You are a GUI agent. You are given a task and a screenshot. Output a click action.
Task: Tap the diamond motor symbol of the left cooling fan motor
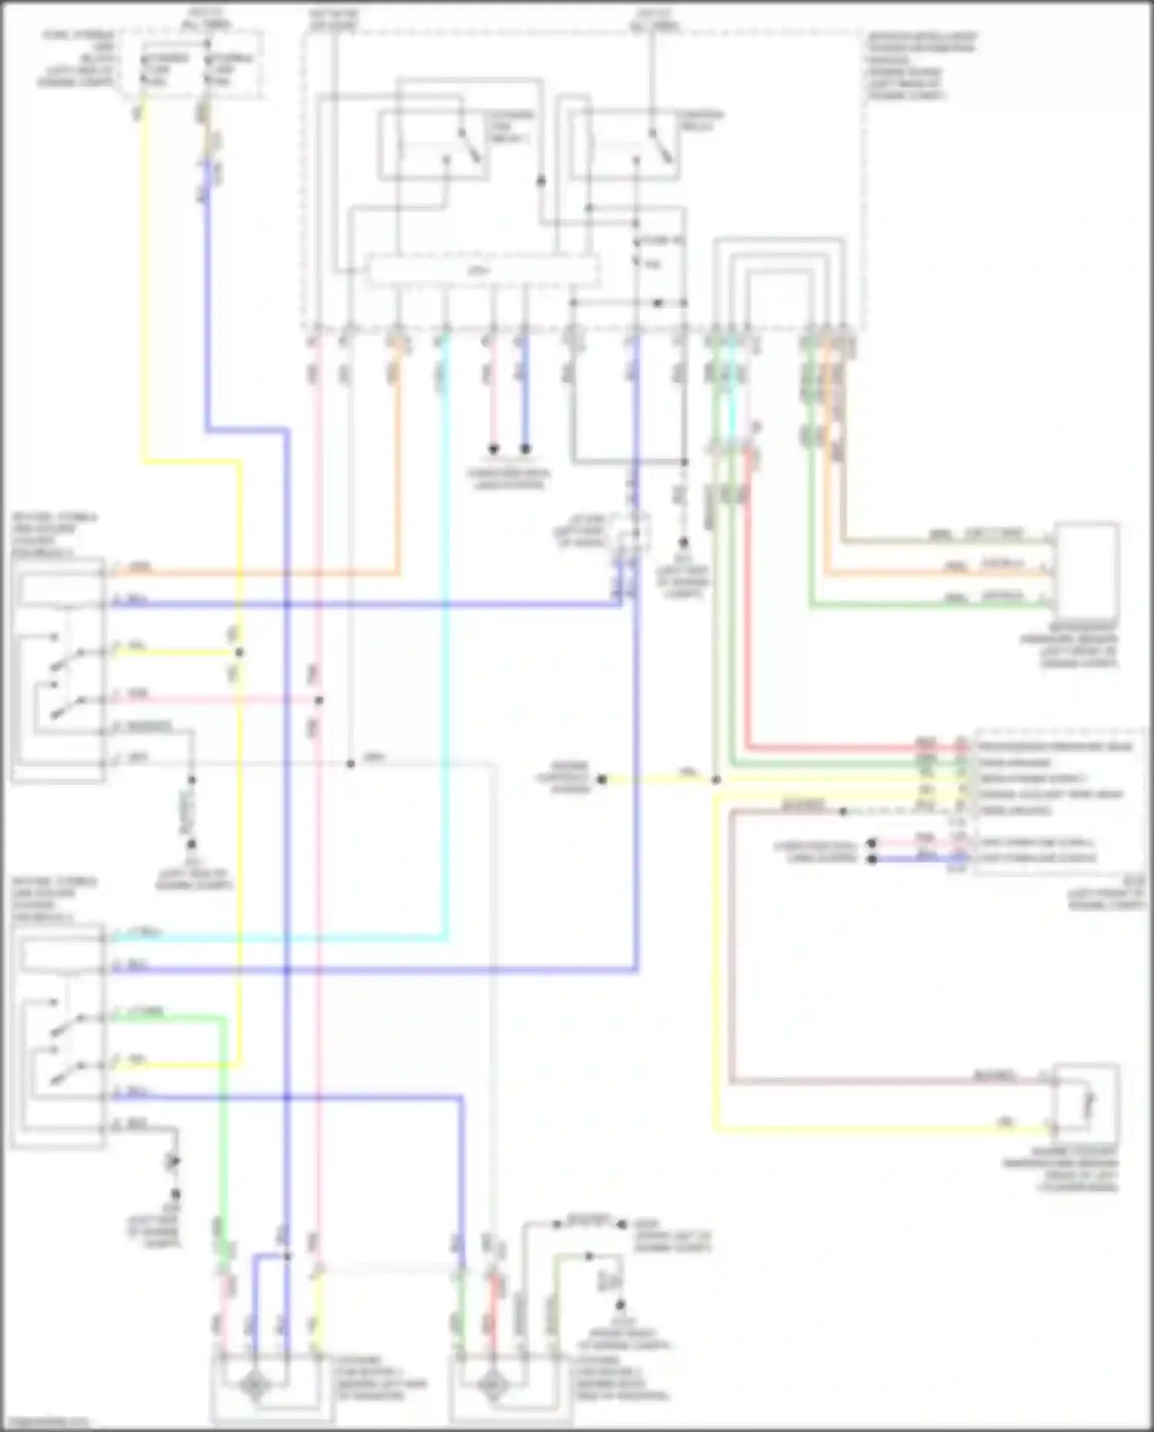tap(254, 1386)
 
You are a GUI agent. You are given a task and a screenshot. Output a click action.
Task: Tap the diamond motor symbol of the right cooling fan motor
tap(490, 1386)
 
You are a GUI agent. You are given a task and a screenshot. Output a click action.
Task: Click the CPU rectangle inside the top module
tap(482, 272)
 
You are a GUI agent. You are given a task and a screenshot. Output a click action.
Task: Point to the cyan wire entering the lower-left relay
tap(231, 938)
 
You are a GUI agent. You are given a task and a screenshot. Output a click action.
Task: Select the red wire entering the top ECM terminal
tap(846, 746)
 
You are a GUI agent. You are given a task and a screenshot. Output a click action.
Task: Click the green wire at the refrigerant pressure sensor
tap(923, 606)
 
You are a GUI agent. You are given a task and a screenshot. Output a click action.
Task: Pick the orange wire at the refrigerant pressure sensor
tap(923, 573)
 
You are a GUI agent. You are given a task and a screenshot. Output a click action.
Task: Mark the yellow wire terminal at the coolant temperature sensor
tap(1053, 1129)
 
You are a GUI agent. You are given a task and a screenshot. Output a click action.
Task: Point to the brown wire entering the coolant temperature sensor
tap(923, 1081)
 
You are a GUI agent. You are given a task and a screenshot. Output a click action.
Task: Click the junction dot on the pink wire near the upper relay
tap(319, 700)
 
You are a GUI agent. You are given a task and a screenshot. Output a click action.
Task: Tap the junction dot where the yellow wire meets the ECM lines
tap(715, 779)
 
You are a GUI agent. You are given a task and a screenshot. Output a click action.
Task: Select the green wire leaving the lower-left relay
tap(169, 1017)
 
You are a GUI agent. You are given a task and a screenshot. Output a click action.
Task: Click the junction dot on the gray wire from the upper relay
tap(350, 763)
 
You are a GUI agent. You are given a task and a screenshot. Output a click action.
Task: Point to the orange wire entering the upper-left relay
tap(231, 572)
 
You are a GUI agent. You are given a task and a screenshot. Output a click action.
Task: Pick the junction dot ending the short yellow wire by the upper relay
tap(239, 653)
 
